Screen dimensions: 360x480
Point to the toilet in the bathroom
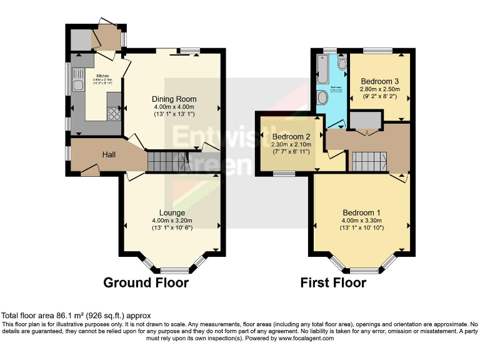pos(322,97)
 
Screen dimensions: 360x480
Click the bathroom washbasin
pos(342,64)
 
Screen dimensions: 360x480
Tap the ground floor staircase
pos(168,162)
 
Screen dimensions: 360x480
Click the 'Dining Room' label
pos(174,99)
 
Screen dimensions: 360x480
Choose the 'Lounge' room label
pos(171,212)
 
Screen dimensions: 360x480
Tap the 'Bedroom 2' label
pos(291,137)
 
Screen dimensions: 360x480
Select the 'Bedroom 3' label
pos(380,81)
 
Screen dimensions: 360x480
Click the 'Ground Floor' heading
pos(146,282)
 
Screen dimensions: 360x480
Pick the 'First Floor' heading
pos(333,282)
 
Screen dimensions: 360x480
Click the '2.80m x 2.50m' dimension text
pos(380,89)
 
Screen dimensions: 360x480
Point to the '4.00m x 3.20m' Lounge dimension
pos(171,220)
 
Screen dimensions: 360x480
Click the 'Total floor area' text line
pos(76,316)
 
